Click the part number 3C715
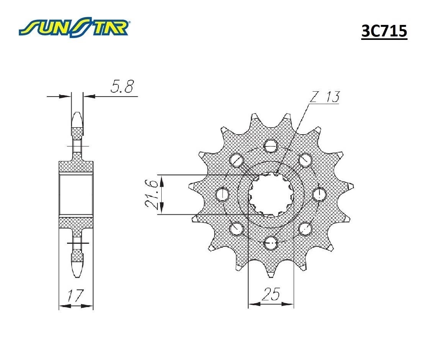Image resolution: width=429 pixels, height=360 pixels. [384, 31]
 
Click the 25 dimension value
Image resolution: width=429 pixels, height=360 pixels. [271, 294]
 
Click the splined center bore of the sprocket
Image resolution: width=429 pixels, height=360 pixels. [271, 194]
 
